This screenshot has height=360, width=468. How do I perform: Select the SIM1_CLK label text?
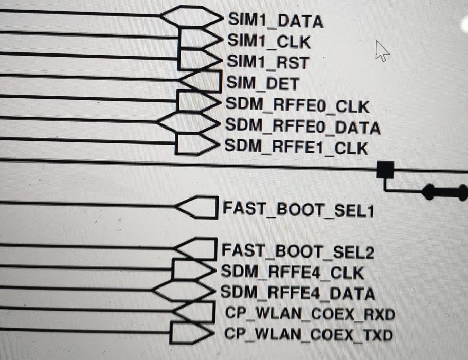coord(268,41)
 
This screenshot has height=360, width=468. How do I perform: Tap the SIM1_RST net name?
coord(268,62)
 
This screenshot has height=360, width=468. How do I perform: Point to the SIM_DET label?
coord(262,83)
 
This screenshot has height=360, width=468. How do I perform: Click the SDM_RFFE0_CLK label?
coord(297,106)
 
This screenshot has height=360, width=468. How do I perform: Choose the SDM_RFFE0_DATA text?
coord(303,127)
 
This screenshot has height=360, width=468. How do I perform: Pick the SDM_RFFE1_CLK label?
coord(296,148)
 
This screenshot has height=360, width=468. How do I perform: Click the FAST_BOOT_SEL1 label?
coord(297,210)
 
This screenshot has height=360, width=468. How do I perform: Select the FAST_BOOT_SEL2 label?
coord(297,251)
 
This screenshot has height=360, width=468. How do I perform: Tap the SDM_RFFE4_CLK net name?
coord(292,273)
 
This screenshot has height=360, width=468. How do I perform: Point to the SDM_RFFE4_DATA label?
coord(297,294)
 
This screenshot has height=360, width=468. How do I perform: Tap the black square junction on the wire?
coord(386,169)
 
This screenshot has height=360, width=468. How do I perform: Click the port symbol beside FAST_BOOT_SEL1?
coord(196,207)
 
